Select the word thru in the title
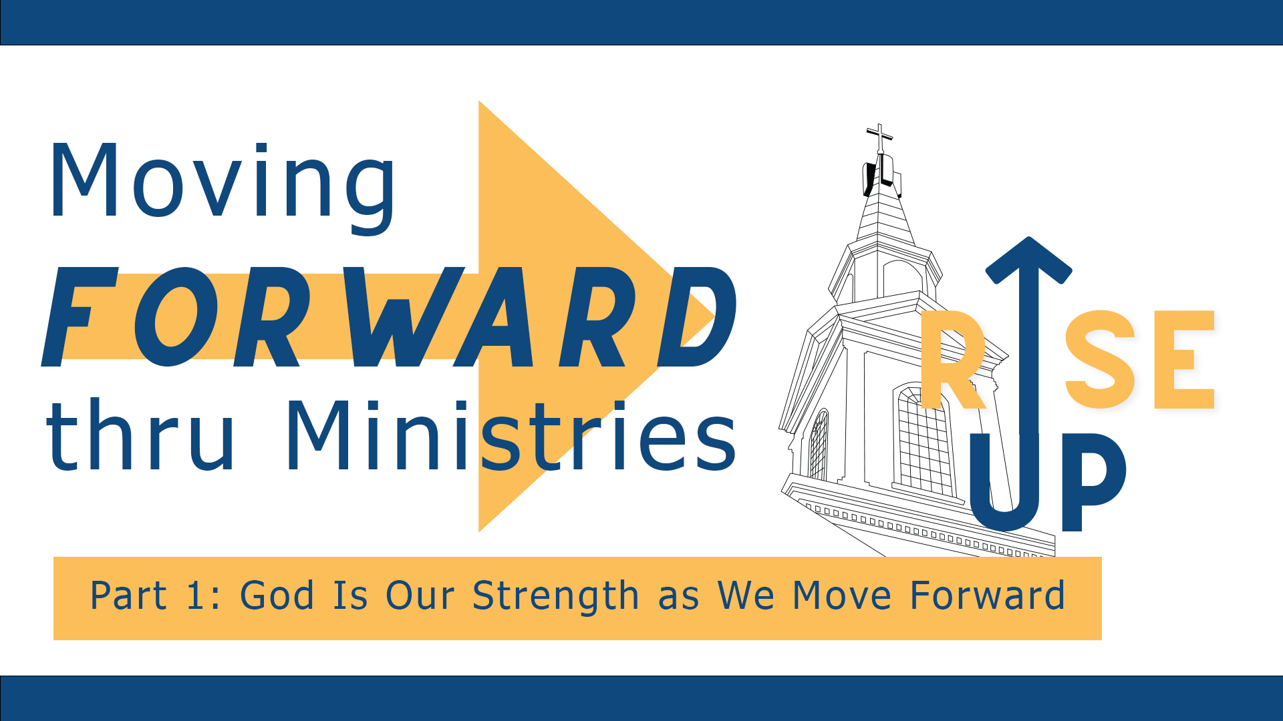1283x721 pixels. pyautogui.click(x=140, y=437)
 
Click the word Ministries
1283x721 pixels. pyautogui.click(x=511, y=437)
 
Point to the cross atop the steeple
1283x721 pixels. pyautogui.click(x=879, y=138)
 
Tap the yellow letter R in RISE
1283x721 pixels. pyautogui.click(x=952, y=360)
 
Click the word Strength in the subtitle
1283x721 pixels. pyautogui.click(x=555, y=596)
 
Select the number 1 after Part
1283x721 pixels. pyautogui.click(x=195, y=595)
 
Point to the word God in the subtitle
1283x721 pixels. pyautogui.click(x=277, y=595)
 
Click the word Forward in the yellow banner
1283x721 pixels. pyautogui.click(x=987, y=595)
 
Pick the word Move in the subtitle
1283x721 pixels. pyautogui.click(x=841, y=595)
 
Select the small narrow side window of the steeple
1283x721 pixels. pyautogui.click(x=819, y=444)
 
